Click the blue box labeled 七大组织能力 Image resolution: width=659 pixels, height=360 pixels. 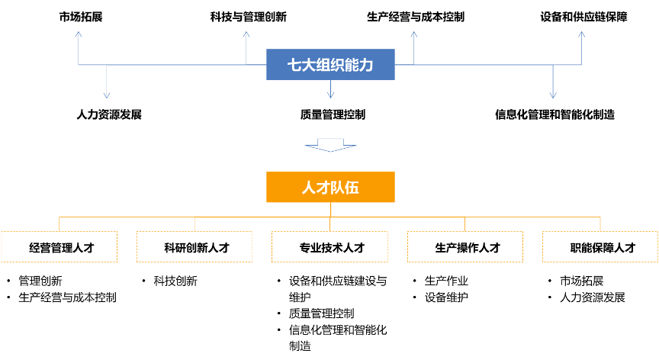(330, 65)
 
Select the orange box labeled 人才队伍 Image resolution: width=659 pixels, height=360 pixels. (330, 187)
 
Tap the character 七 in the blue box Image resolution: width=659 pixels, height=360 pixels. (294, 66)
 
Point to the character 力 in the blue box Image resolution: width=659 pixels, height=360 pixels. (367, 66)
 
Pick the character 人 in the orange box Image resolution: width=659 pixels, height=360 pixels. (309, 188)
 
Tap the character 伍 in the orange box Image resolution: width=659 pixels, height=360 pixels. (352, 188)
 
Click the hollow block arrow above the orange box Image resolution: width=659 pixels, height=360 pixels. (330, 145)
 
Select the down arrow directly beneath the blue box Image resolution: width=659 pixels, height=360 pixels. (330, 92)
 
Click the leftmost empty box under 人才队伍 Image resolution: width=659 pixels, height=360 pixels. (59, 247)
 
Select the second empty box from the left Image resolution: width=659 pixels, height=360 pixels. (194, 247)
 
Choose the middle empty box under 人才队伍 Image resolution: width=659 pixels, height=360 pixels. (329, 247)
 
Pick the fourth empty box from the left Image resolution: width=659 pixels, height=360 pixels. (465, 247)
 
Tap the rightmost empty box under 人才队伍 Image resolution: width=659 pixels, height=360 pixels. (600, 247)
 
